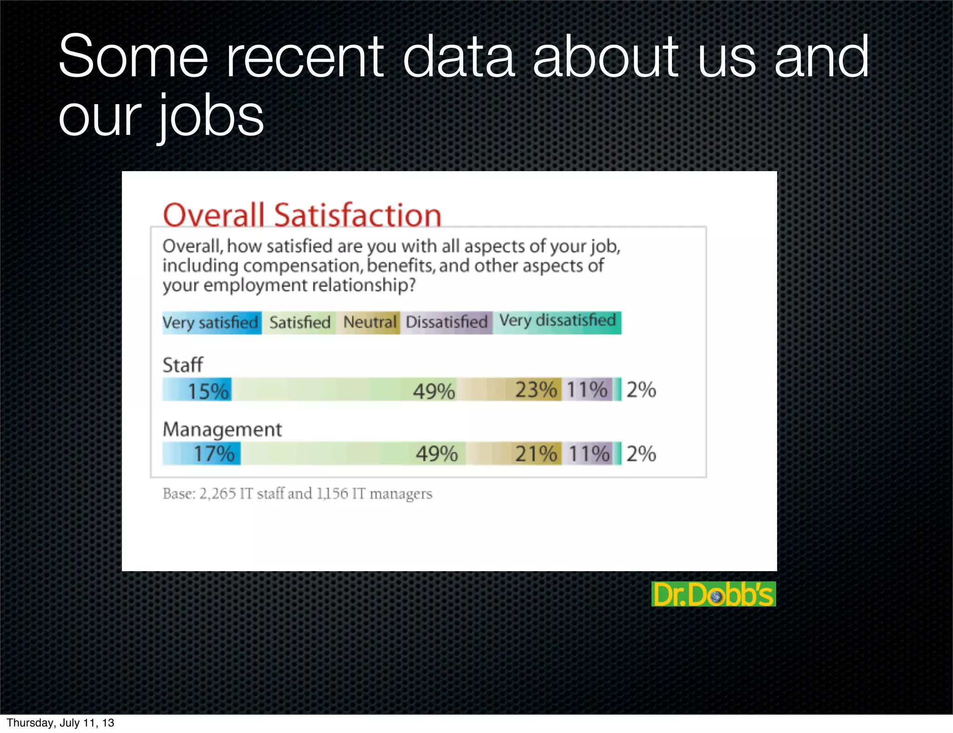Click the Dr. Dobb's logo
[x=713, y=594]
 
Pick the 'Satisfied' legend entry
[x=300, y=322]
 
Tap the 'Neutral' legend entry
[x=369, y=322]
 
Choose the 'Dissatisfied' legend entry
[x=446, y=322]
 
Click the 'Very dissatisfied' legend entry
[x=557, y=321]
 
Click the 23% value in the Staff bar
[x=536, y=390]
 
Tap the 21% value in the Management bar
[x=536, y=453]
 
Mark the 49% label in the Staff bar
[x=434, y=391]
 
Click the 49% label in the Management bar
[x=436, y=453]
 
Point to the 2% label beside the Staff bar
[x=641, y=390]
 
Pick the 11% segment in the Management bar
[x=589, y=453]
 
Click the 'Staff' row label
[x=182, y=365]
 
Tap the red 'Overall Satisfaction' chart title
[x=302, y=215]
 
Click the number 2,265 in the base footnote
[x=217, y=493]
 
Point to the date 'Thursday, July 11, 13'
[x=60, y=723]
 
